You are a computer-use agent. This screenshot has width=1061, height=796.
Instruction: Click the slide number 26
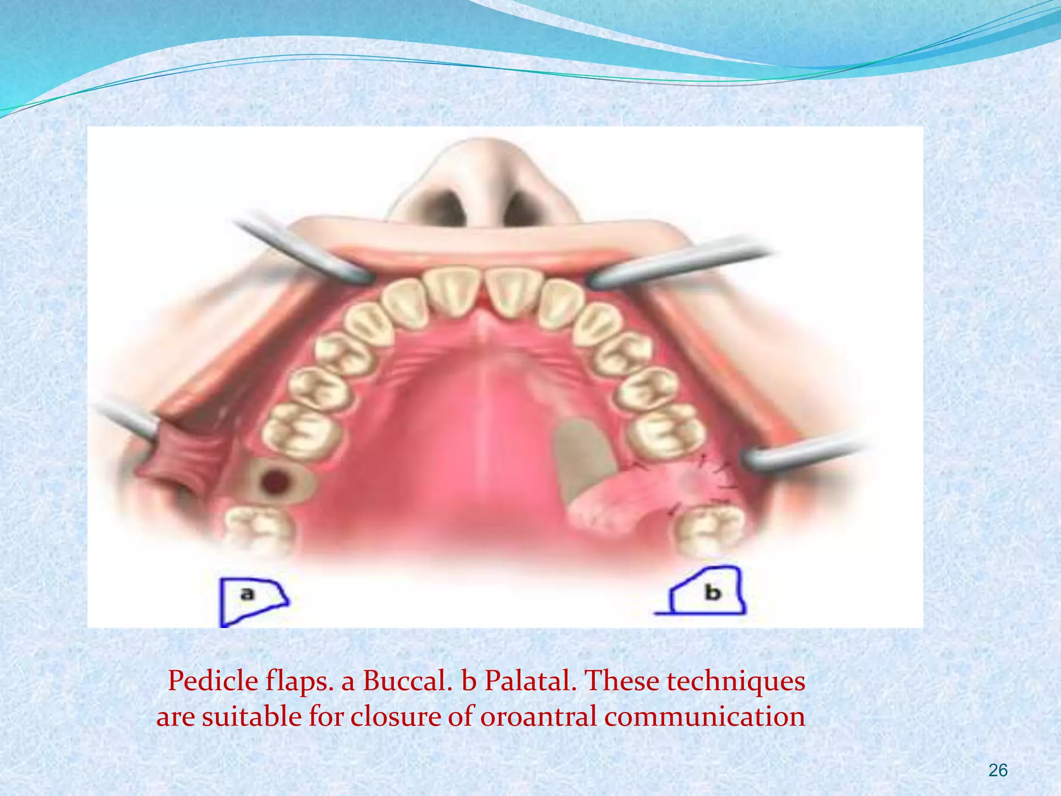[998, 771]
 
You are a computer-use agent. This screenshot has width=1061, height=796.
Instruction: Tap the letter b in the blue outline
[713, 592]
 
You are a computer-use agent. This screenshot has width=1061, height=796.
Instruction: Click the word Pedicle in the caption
[213, 681]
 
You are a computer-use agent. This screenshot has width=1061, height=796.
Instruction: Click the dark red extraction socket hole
[276, 482]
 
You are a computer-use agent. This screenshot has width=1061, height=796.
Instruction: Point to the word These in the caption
[624, 681]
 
